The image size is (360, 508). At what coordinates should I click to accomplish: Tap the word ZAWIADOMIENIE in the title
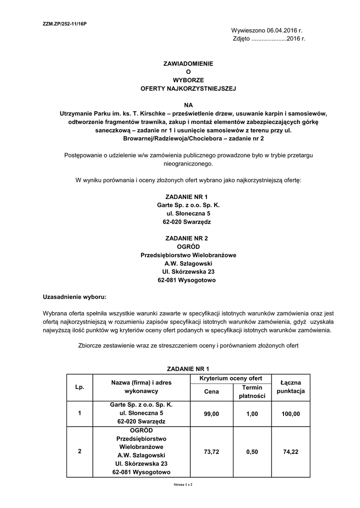(188, 63)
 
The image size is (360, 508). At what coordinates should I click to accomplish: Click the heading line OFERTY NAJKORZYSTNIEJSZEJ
(188, 88)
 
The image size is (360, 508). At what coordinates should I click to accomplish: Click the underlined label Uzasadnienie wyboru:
(74, 297)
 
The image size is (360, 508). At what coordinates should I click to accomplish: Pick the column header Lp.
(80, 386)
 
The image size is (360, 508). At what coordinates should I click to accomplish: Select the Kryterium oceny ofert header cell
(231, 379)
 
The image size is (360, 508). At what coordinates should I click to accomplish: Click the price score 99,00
(212, 413)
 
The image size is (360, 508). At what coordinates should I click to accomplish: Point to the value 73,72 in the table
(212, 452)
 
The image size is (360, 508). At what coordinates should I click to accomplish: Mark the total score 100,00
(291, 413)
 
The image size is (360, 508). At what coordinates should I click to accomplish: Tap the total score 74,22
(291, 452)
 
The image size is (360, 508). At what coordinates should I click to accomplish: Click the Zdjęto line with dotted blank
(269, 39)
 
